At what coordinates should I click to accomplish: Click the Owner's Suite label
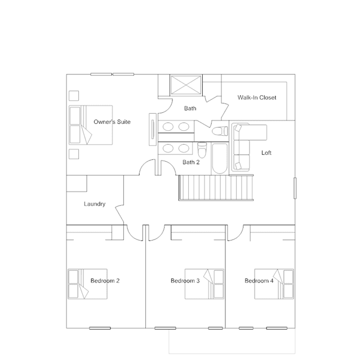pyautogui.click(x=112, y=122)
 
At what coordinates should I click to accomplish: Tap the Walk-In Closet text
pyautogui.click(x=257, y=97)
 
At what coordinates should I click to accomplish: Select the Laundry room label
pyautogui.click(x=95, y=204)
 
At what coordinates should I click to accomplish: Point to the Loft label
pyautogui.click(x=266, y=153)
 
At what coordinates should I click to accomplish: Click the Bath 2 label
pyautogui.click(x=191, y=162)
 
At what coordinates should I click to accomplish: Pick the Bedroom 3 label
pyautogui.click(x=185, y=281)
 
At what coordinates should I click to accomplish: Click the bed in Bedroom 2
pyautogui.click(x=88, y=284)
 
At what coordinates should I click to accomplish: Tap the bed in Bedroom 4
pyautogui.click(x=274, y=284)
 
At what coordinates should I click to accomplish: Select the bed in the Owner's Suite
pyautogui.click(x=91, y=125)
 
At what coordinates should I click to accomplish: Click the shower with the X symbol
pyautogui.click(x=186, y=85)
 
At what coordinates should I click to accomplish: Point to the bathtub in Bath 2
pyautogui.click(x=220, y=158)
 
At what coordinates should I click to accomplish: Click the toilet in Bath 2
pyautogui.click(x=202, y=150)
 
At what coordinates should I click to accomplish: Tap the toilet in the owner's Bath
pyautogui.click(x=220, y=131)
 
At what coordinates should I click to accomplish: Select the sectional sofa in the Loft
pyautogui.click(x=241, y=147)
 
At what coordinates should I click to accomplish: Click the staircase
pyautogui.click(x=216, y=188)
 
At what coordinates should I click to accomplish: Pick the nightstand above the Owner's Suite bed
pyautogui.click(x=74, y=96)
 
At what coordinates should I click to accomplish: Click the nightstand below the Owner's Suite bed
pyautogui.click(x=74, y=154)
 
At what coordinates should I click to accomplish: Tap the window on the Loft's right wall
pyautogui.click(x=295, y=188)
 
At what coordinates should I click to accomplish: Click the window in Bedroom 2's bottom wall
pyautogui.click(x=100, y=328)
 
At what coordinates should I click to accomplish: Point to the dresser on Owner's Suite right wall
pyautogui.click(x=153, y=130)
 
